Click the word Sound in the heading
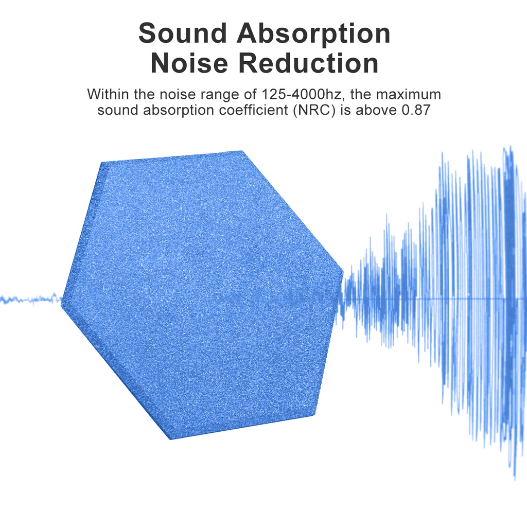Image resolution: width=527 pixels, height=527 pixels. pyautogui.click(x=183, y=33)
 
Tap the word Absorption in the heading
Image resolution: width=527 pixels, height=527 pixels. pyautogui.click(x=313, y=33)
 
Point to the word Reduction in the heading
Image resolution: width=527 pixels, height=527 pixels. pyautogui.click(x=309, y=64)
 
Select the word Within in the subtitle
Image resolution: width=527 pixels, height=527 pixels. pyautogui.click(x=104, y=95)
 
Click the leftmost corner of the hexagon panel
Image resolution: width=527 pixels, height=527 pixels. pyautogui.click(x=62, y=304)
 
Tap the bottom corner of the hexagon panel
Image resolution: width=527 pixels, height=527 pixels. pyautogui.click(x=170, y=439)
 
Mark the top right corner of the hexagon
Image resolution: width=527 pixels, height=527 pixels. pyautogui.click(x=241, y=151)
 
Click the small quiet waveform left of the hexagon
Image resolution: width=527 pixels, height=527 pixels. pyautogui.click(x=31, y=298)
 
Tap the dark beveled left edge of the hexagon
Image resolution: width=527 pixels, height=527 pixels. pyautogui.click(x=82, y=232)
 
